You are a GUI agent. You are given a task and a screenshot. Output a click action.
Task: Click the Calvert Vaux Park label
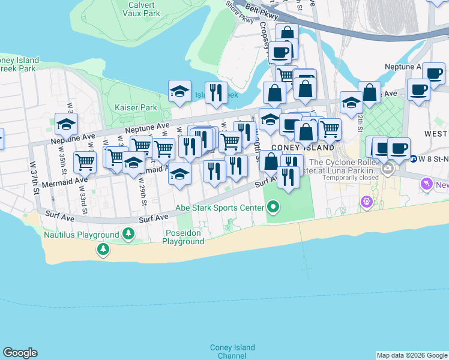142,8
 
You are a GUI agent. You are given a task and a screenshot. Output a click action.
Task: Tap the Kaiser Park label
136,107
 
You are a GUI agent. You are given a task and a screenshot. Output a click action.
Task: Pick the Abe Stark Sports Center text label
219,208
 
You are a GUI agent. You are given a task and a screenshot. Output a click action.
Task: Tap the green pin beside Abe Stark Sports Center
274,208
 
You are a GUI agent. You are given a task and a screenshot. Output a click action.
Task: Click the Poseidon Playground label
183,237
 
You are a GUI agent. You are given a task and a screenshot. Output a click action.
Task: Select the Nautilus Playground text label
81,235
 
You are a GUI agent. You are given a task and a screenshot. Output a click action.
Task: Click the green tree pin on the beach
103,248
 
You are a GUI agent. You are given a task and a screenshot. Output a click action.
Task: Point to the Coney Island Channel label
232,352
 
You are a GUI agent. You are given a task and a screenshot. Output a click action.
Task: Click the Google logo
20,353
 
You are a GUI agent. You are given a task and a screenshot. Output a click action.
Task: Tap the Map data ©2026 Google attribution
411,355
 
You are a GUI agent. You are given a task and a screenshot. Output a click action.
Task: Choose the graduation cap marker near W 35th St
66,124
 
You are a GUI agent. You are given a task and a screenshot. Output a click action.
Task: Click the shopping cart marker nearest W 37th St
85,161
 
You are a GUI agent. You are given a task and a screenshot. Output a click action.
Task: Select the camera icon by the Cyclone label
388,169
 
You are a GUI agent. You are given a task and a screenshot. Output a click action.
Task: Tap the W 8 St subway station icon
414,159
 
